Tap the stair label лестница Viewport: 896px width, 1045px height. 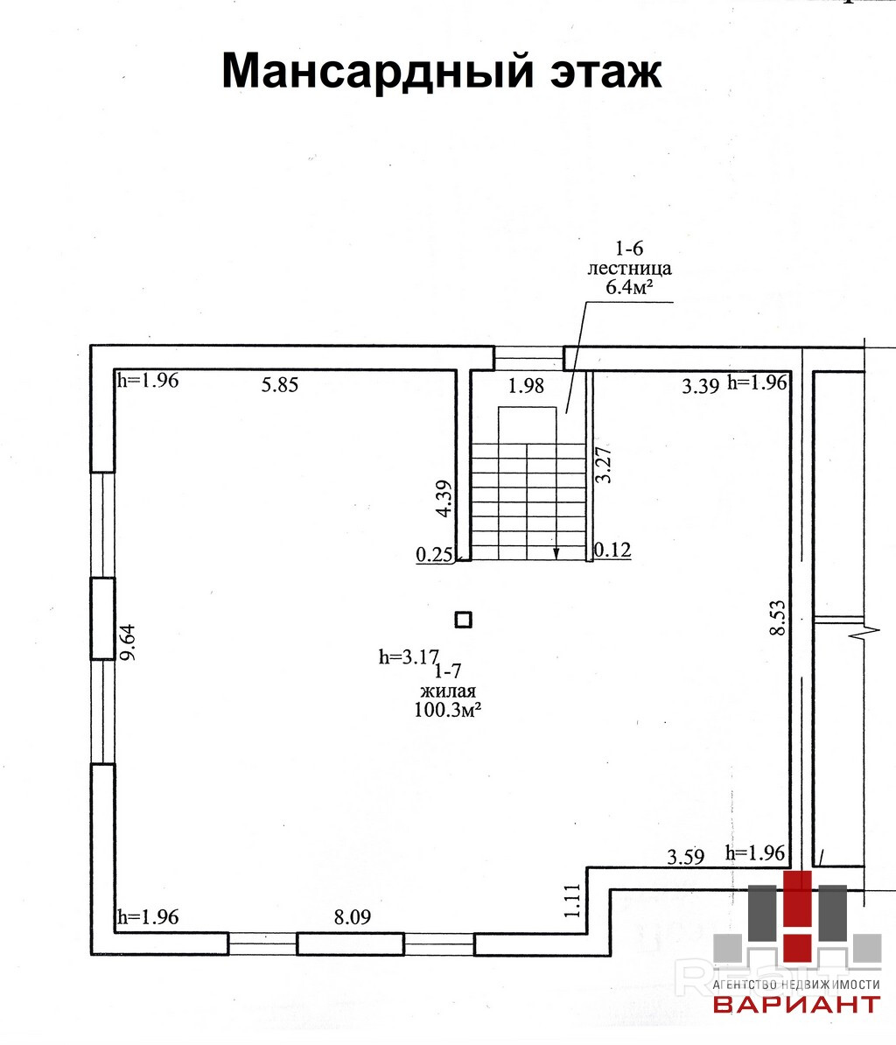click(629, 268)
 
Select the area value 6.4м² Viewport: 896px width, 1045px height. click(629, 287)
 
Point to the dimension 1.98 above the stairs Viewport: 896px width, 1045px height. click(527, 386)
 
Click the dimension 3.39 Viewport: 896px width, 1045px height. click(700, 386)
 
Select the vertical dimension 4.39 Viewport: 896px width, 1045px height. click(444, 499)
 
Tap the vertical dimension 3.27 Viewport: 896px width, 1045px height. click(603, 465)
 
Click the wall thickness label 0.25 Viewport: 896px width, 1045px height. click(433, 554)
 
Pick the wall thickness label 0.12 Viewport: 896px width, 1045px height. click(612, 550)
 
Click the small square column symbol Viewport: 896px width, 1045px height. click(463, 620)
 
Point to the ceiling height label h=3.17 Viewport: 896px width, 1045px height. click(408, 656)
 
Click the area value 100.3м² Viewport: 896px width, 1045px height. click(448, 711)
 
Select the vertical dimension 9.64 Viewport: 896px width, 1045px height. click(129, 645)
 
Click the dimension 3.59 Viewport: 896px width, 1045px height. click(685, 858)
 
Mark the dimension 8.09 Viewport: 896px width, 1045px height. click(353, 917)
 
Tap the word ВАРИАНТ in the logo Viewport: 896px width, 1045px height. click(796, 1004)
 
